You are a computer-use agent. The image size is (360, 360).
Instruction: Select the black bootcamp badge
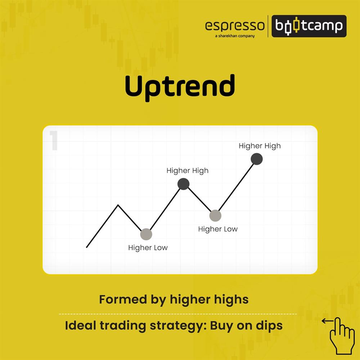pyautogui.click(x=309, y=26)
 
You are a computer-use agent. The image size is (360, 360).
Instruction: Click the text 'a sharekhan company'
pyautogui.click(x=235, y=36)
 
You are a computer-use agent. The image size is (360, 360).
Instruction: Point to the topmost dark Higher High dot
pyautogui.click(x=257, y=159)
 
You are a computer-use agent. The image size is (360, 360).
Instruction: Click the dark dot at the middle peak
pyautogui.click(x=183, y=184)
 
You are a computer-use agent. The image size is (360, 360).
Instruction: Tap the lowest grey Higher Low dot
pyautogui.click(x=146, y=234)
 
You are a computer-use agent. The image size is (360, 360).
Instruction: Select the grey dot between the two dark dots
pyautogui.click(x=215, y=216)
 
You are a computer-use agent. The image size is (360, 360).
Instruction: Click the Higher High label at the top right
pyautogui.click(x=260, y=146)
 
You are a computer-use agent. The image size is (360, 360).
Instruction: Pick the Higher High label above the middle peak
pyautogui.click(x=187, y=171)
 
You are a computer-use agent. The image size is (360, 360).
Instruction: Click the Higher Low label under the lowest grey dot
pyautogui.click(x=148, y=248)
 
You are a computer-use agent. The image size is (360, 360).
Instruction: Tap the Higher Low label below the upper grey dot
pyautogui.click(x=218, y=229)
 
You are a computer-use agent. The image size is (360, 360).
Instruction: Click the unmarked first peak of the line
pyautogui.click(x=118, y=205)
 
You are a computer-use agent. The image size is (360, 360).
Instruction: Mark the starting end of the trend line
pyautogui.click(x=87, y=247)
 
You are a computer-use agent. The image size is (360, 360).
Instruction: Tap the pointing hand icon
pyautogui.click(x=342, y=335)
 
